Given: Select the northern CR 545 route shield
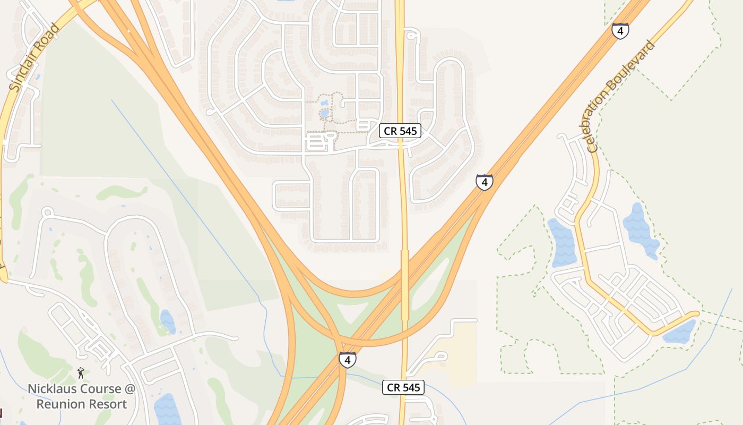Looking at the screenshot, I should click(x=400, y=131).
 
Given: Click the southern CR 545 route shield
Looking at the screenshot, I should click(x=403, y=387).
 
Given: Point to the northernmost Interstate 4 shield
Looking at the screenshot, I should click(x=620, y=30).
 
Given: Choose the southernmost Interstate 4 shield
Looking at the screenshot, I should click(x=347, y=360).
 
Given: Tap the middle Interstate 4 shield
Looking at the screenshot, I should click(x=484, y=182).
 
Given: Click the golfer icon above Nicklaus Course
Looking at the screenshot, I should click(x=81, y=373).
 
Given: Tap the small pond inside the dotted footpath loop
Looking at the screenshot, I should click(x=324, y=113).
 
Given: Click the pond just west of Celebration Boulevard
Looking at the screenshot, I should click(x=563, y=242).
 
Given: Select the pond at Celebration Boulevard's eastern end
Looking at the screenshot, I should click(x=679, y=332).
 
